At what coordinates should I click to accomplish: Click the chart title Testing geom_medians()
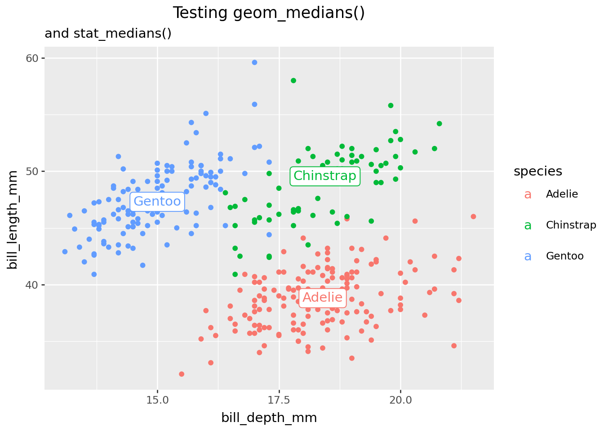[x=268, y=13]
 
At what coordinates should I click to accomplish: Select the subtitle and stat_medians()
[x=108, y=34]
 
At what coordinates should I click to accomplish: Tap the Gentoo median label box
[x=157, y=202]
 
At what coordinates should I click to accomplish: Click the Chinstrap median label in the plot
[x=324, y=176]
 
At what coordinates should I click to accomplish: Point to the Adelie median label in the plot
[x=322, y=298]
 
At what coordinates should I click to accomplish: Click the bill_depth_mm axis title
[x=269, y=418]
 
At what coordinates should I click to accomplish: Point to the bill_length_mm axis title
[x=13, y=220]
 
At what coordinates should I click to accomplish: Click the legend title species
[x=538, y=171]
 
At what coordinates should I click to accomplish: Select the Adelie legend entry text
[x=562, y=194]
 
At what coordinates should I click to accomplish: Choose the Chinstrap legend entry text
[x=571, y=225]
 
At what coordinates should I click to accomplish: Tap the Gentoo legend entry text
[x=564, y=256]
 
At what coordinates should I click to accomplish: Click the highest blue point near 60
[x=254, y=62]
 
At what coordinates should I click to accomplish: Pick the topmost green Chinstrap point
[x=293, y=80]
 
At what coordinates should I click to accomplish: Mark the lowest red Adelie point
[x=182, y=374]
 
